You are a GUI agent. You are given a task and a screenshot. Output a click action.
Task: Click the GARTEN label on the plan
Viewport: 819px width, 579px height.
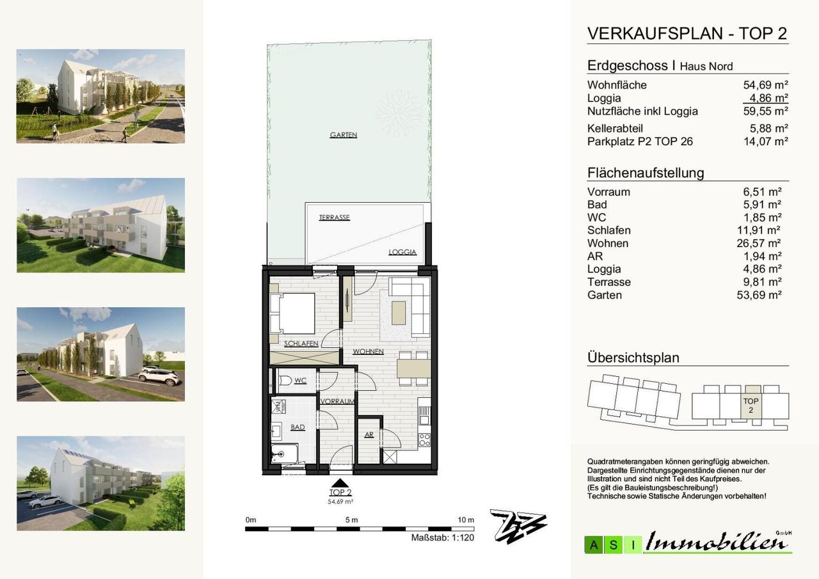344,135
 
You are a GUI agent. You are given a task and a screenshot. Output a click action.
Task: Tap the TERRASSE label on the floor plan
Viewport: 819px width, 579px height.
334,218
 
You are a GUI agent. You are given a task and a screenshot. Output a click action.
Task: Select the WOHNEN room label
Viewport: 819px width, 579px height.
368,352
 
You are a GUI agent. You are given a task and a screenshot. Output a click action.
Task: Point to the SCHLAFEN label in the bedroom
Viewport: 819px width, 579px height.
301,344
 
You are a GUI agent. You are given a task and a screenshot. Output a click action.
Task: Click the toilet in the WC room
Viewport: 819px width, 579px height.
285,381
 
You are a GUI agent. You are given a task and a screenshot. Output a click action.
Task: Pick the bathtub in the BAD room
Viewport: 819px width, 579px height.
285,454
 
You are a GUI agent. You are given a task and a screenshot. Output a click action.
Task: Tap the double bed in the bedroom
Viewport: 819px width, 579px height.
292,313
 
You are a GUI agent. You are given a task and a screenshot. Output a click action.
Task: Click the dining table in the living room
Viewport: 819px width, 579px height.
413,369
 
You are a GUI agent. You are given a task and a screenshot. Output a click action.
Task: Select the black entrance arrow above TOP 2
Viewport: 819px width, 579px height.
340,483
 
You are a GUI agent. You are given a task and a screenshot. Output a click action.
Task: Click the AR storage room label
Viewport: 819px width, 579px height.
369,434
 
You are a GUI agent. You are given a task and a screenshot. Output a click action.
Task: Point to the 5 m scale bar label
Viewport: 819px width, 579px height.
351,520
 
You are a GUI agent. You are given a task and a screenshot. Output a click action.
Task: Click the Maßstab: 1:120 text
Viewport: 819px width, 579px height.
442,537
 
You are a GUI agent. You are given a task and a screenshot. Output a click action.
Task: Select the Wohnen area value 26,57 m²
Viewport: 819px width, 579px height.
759,243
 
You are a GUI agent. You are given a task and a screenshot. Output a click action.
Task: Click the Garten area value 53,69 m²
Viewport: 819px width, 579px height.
759,295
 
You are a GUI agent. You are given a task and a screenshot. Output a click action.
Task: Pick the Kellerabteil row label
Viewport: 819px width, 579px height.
615,129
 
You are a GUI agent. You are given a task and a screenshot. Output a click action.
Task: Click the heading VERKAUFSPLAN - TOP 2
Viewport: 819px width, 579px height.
687,34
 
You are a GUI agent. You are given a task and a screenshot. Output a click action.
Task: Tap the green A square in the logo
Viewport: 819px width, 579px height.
593,545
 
